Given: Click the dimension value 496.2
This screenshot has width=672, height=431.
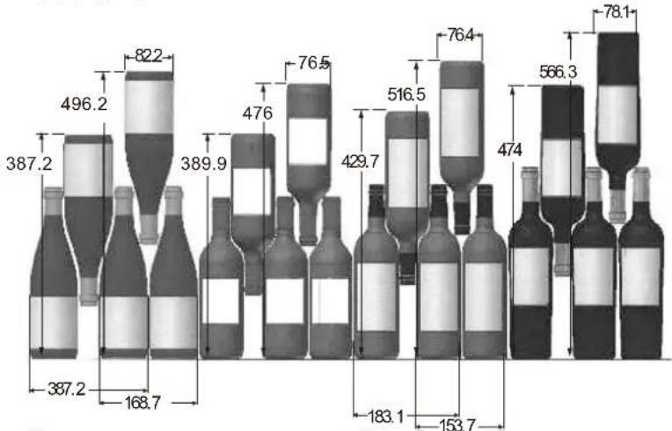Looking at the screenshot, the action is pos(84,104).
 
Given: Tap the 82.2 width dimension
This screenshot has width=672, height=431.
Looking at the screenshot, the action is pos(149,55).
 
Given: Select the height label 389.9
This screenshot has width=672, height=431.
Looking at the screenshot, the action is pos(203,164).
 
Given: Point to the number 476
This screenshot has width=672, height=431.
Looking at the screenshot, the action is pos(257,113).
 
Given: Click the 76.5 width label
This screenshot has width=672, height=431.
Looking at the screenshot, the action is pos(314,63).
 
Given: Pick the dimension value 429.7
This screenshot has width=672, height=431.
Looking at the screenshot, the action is pos(360,162).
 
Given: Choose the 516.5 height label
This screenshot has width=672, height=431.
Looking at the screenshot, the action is pos(406,95).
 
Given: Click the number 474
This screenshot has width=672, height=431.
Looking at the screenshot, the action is pos(509,150).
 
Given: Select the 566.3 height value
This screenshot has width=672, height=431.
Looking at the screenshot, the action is pos(558,72).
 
